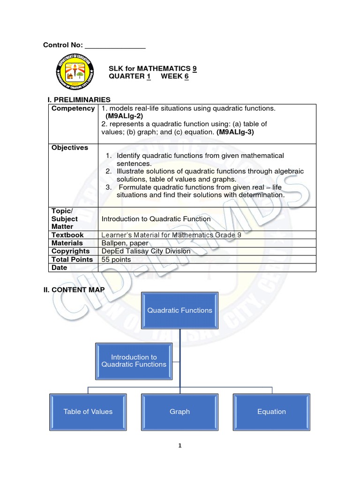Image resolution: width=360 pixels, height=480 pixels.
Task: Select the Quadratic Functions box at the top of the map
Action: [180, 310]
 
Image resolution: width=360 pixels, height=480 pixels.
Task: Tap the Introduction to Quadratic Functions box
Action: [134, 360]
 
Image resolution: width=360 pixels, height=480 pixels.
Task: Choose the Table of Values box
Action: [88, 412]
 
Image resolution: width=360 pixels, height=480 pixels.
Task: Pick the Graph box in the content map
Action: [180, 412]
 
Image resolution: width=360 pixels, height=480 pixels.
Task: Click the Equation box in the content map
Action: [271, 412]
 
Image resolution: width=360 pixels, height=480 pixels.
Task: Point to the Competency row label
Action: [73, 108]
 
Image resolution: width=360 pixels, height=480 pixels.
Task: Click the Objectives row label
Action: [70, 148]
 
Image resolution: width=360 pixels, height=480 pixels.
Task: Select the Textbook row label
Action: [67, 235]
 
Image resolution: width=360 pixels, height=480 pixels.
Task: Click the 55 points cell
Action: [116, 259]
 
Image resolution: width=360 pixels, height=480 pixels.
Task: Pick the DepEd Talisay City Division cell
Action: [146, 251]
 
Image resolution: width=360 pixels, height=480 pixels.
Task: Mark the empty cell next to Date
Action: [206, 268]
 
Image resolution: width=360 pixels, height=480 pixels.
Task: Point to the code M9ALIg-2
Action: [124, 116]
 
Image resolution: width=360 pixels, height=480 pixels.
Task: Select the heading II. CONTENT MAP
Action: [74, 290]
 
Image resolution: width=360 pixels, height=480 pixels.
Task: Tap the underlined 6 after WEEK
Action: [186, 76]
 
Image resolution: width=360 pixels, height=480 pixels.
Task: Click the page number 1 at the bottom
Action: [180, 446]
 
